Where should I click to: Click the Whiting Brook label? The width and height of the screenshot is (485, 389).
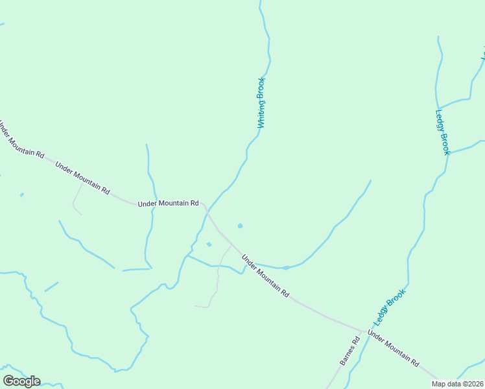261,102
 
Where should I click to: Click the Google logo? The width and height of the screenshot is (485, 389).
21,381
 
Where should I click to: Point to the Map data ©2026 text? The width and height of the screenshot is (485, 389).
458,384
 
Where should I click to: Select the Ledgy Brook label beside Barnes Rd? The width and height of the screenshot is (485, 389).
389,307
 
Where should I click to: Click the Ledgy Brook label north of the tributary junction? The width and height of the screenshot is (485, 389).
442,131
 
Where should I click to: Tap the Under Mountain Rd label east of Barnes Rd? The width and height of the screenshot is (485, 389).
393,349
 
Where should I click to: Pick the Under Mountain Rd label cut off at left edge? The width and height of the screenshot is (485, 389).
21,139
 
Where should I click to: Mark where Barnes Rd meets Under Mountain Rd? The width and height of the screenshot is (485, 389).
361,331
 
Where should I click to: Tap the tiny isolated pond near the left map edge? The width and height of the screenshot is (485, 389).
21,194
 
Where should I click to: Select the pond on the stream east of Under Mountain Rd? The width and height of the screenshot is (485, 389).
285,267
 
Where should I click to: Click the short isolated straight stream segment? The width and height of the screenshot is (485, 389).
51,287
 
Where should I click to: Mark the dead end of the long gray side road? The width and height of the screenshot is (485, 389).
195,305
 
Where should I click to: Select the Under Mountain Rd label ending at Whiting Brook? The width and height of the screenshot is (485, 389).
168,204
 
